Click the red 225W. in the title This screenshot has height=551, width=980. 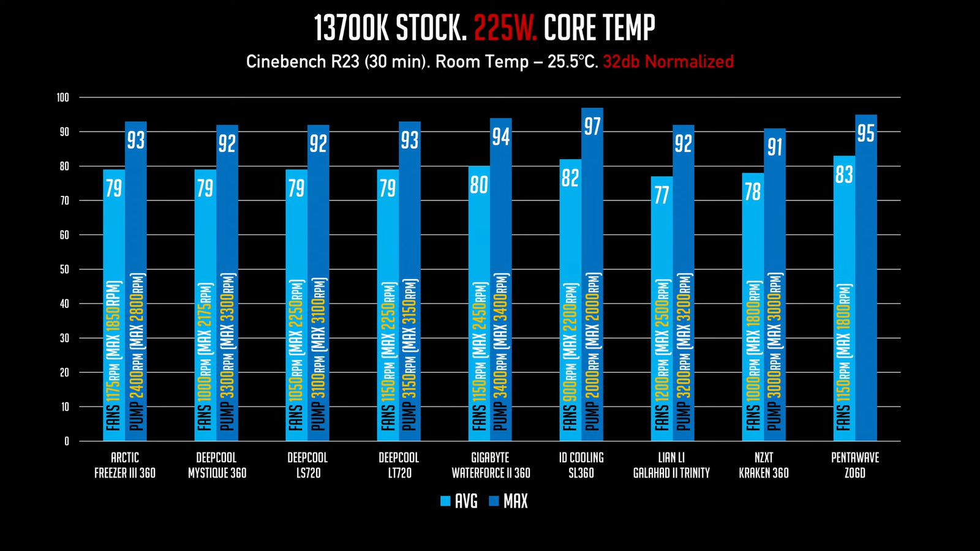tap(505, 28)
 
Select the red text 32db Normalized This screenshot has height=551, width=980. tap(668, 62)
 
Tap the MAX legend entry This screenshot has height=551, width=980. tap(508, 501)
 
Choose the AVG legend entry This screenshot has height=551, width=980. tap(459, 501)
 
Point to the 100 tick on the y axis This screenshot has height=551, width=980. tap(63, 97)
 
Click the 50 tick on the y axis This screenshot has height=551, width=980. tap(64, 269)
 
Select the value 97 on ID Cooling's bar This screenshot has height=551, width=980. tap(592, 127)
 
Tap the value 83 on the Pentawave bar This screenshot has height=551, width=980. tap(844, 175)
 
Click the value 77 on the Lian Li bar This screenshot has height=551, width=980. tap(661, 195)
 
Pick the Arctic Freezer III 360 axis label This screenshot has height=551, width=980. tap(125, 465)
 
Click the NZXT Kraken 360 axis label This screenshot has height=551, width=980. tap(764, 465)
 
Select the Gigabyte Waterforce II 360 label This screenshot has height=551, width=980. tap(491, 465)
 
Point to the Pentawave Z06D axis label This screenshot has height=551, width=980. tap(855, 465)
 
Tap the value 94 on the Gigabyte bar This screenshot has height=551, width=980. tap(501, 137)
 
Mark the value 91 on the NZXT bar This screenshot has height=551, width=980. tap(775, 148)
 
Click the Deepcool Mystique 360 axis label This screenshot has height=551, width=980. tap(217, 465)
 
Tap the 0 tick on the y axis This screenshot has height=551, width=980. tap(66, 441)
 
